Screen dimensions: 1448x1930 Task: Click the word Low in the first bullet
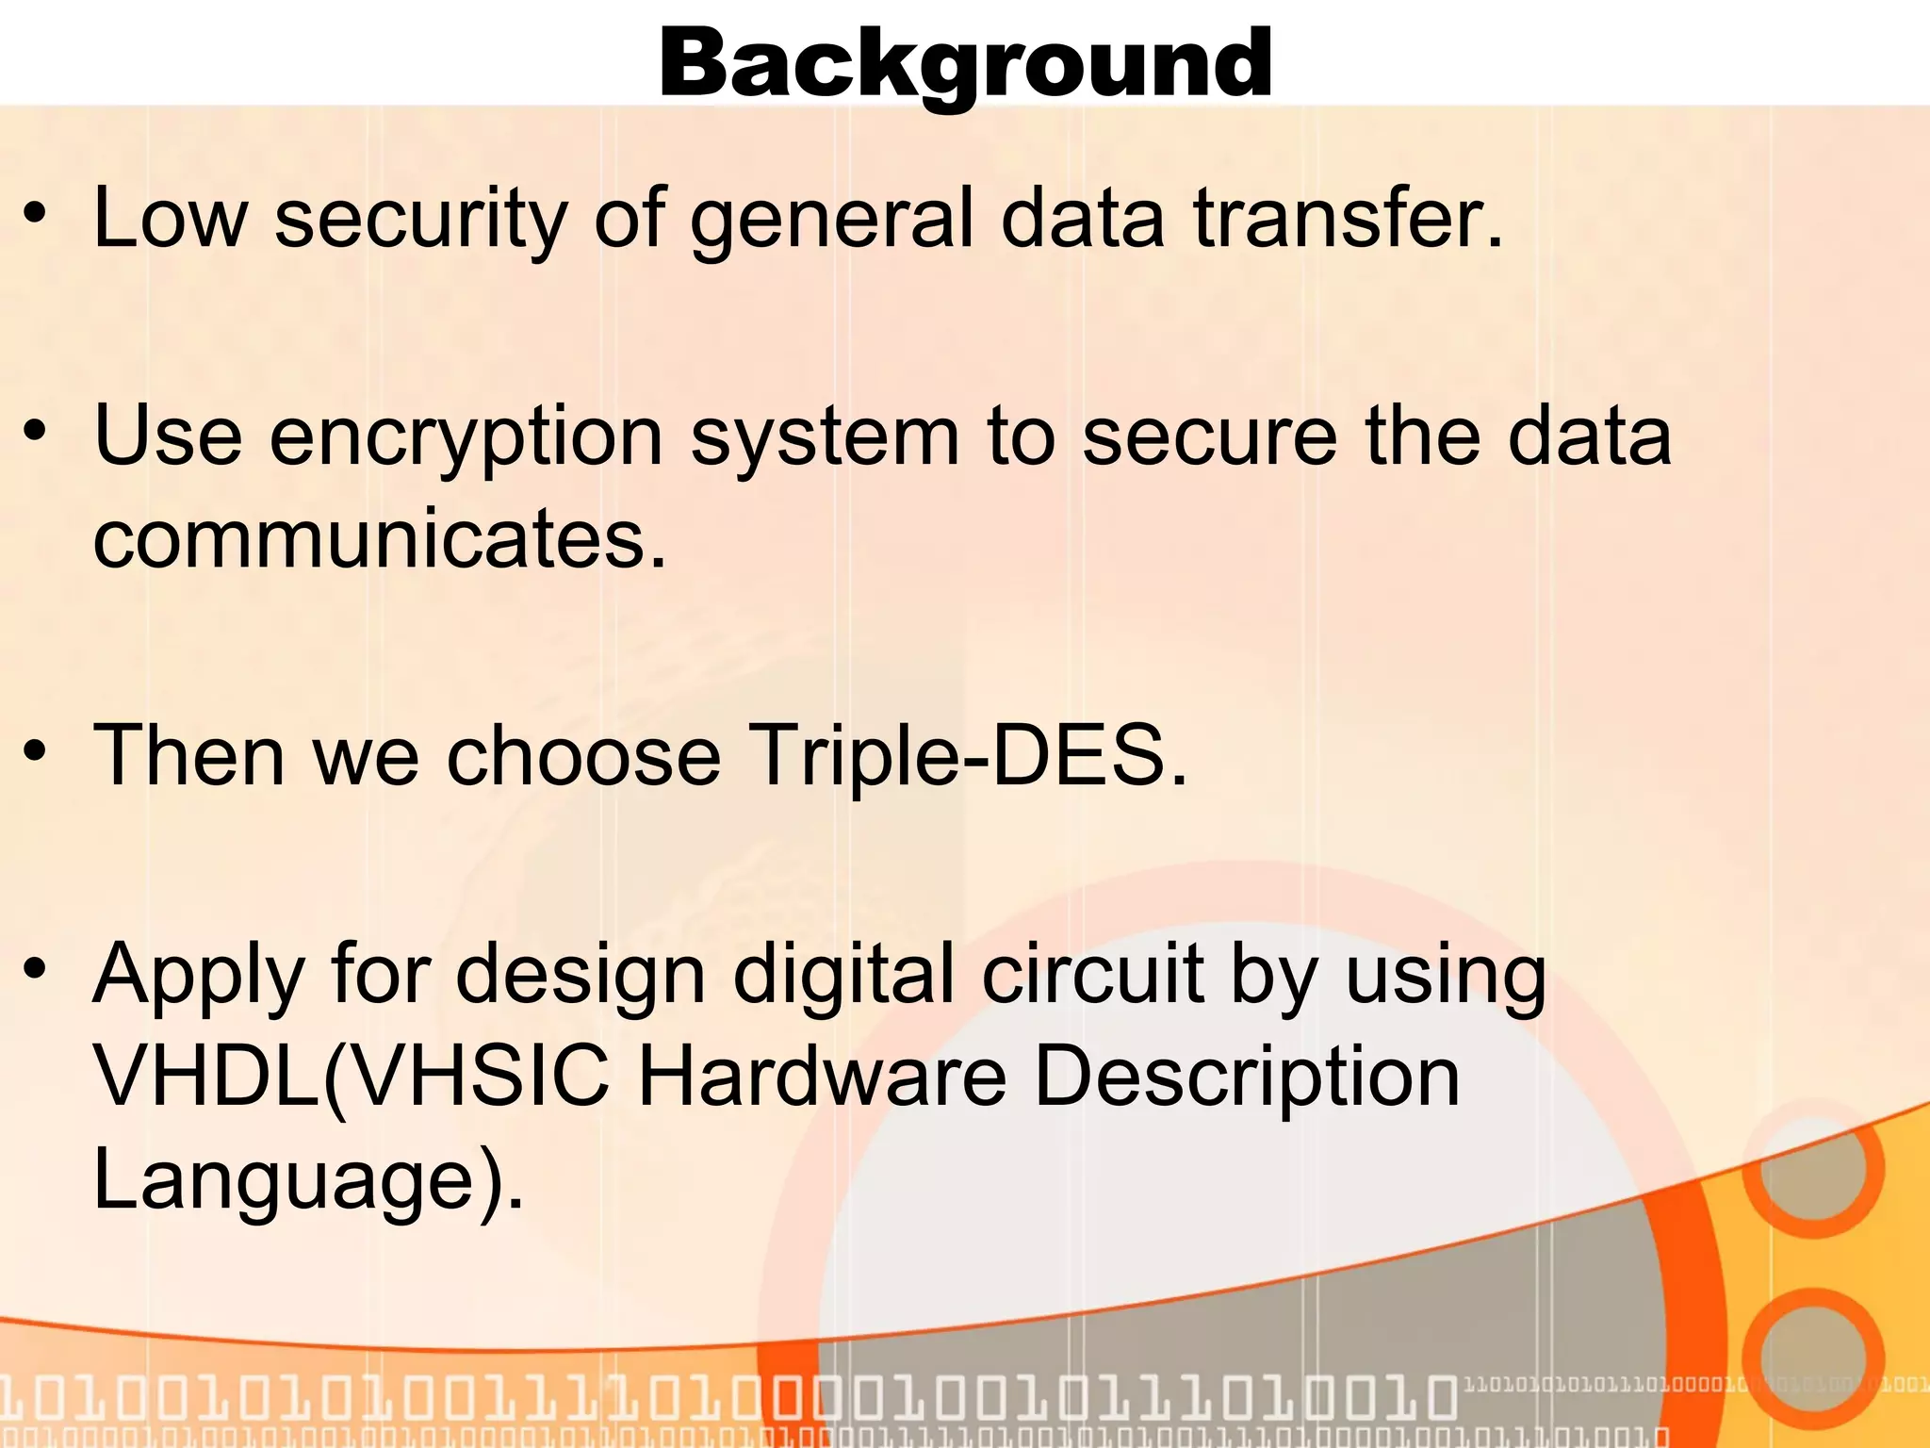170,219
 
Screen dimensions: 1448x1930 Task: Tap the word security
420,219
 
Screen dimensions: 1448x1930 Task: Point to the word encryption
466,437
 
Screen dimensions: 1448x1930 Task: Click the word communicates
379,539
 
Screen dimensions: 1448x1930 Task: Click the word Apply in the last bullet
198,977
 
